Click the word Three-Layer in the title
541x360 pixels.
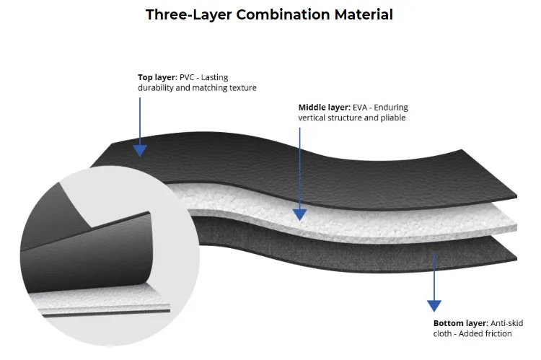pos(183,14)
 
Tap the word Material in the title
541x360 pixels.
pos(363,14)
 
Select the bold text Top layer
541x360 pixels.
pos(157,76)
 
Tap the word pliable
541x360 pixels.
pos(392,118)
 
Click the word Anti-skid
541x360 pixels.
pos(510,323)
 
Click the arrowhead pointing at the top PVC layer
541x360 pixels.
pos(140,149)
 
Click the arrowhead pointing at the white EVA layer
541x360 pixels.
pos(299,214)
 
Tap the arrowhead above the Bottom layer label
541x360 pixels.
pos(434,306)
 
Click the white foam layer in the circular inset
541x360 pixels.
pos(101,292)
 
